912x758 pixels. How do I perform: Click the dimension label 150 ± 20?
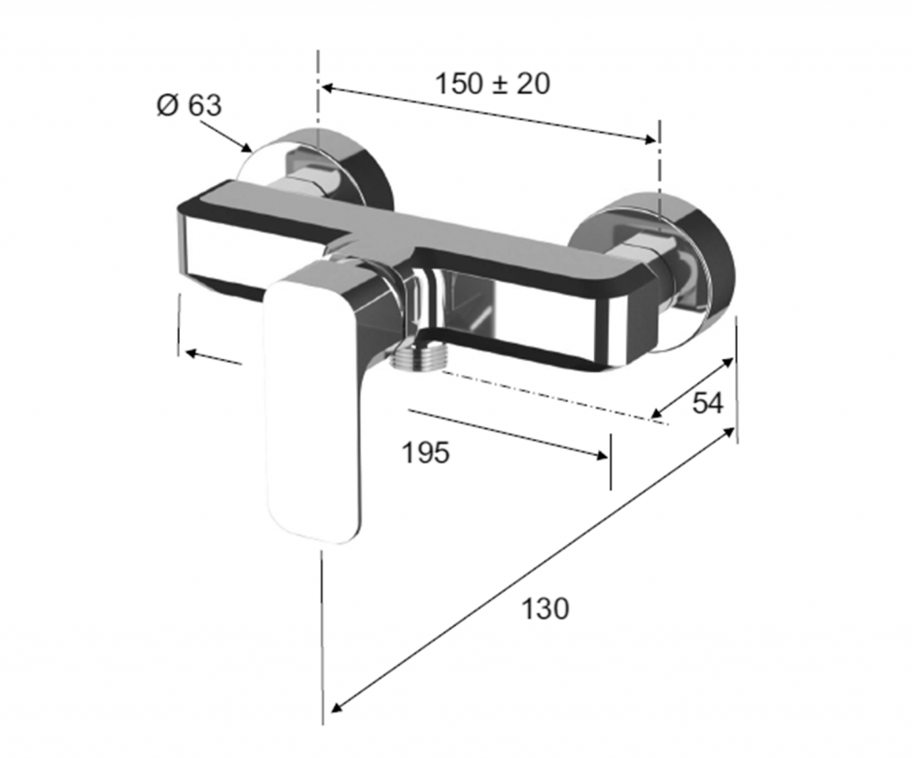point(492,84)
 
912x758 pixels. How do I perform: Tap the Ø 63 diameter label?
point(190,105)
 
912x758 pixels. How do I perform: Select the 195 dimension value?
point(426,452)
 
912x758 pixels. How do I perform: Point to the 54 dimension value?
point(707,403)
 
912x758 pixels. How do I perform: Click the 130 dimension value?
point(545,608)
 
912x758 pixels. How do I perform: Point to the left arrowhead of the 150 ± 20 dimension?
point(328,88)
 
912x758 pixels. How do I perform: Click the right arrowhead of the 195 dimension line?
point(602,455)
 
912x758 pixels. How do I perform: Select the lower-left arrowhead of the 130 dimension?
point(336,706)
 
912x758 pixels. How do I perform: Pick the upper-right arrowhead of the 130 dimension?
point(729,432)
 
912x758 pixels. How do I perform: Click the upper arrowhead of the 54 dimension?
point(727,362)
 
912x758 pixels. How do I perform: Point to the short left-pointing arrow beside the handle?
point(214,357)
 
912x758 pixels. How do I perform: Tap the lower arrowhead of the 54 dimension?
point(656,413)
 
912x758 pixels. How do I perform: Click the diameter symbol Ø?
point(167,105)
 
